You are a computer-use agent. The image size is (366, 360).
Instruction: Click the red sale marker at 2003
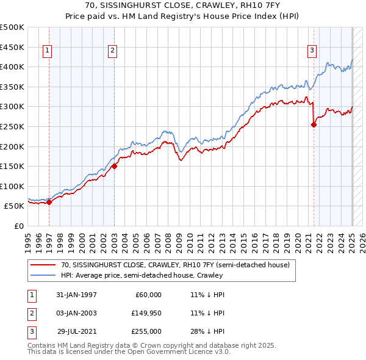click(114, 166)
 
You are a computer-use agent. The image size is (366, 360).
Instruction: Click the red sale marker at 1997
click(49, 203)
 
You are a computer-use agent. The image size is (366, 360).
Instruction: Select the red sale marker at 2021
click(314, 124)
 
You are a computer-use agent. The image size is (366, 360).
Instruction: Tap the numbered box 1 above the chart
click(48, 51)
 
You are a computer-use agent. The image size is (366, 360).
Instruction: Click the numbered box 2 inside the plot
click(112, 51)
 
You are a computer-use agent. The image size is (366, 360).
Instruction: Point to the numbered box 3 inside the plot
click(312, 51)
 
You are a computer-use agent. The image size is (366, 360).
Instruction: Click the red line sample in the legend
click(42, 265)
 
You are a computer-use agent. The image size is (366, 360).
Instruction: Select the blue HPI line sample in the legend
click(42, 275)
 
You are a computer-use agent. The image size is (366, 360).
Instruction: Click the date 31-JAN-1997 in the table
click(76, 295)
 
